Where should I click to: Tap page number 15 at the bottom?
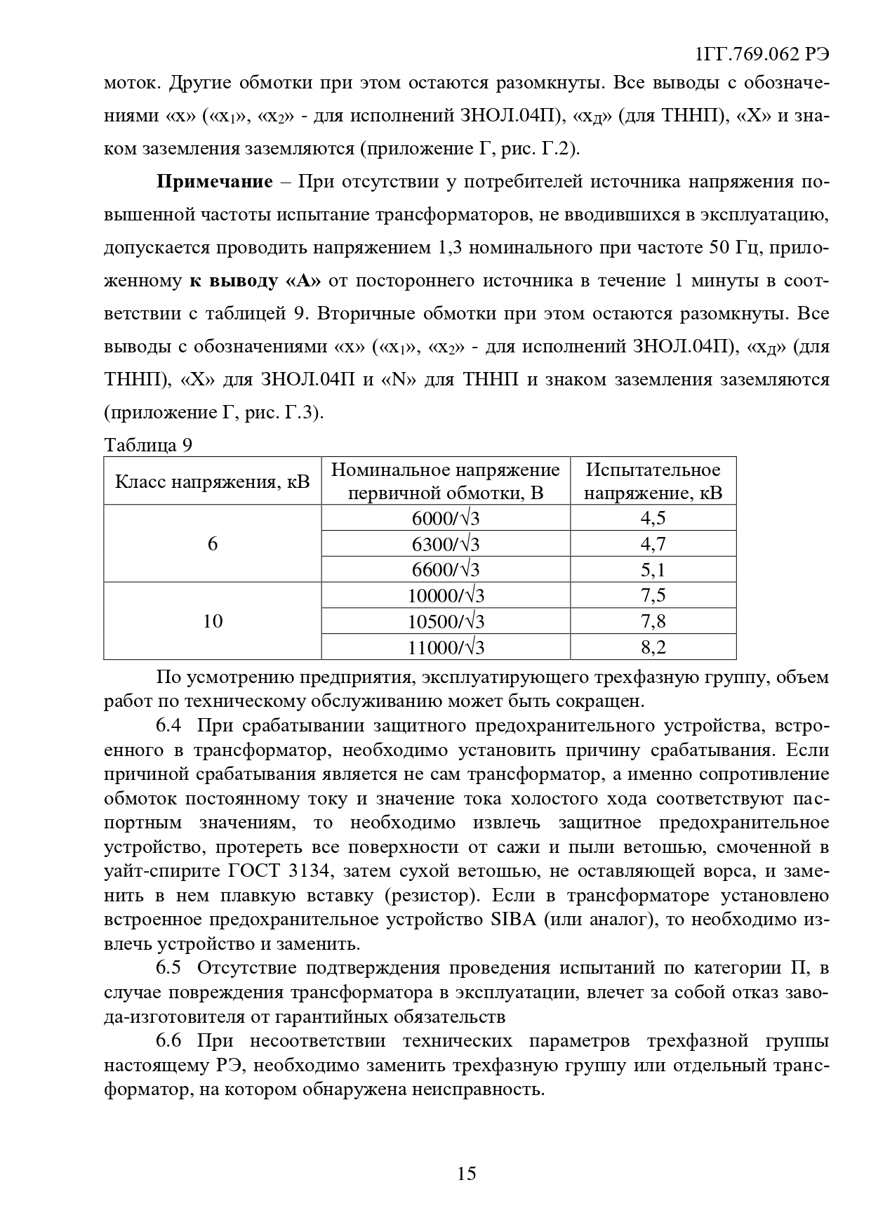point(466,1173)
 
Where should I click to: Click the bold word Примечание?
point(214,182)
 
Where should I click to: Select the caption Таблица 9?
point(148,445)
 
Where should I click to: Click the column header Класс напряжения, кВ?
point(213,482)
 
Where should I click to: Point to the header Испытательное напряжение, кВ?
point(653,481)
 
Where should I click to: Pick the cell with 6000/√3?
point(446,518)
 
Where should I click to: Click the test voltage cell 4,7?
point(653,544)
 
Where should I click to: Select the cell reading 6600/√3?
point(446,569)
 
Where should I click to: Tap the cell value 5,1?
point(653,569)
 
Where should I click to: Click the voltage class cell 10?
point(213,621)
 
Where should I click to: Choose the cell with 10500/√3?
point(446,621)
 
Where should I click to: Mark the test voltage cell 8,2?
point(653,647)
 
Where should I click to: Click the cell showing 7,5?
point(653,595)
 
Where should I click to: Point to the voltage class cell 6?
point(213,544)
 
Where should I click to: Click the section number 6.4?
point(168,726)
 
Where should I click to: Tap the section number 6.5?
point(168,968)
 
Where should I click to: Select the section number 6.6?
point(168,1040)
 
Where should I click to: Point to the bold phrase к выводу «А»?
point(255,281)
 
